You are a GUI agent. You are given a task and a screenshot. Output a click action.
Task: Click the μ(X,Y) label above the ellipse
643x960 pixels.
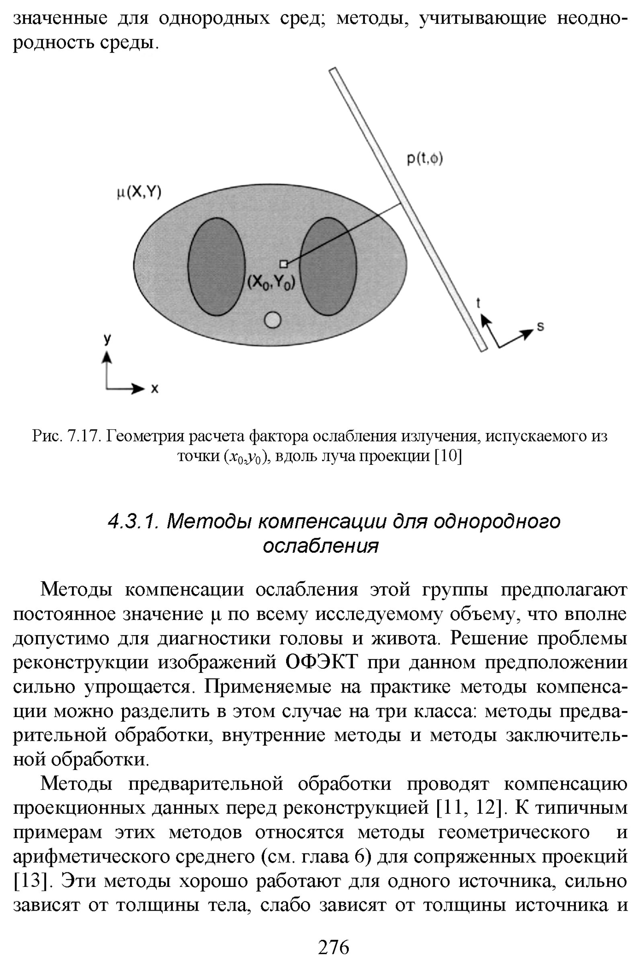(139, 192)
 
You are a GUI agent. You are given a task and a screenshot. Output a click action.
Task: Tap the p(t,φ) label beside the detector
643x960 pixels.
(425, 158)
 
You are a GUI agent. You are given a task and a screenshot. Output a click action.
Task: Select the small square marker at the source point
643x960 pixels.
(283, 264)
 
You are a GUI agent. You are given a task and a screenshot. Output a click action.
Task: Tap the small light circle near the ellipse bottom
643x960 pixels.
(273, 320)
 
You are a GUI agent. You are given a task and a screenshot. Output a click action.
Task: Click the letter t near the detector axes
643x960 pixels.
(478, 303)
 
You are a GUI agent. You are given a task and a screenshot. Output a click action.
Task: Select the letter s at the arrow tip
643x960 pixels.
(541, 327)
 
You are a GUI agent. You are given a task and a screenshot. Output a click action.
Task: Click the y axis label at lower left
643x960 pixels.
(107, 339)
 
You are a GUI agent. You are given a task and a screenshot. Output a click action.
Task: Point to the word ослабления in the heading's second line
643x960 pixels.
(321, 546)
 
